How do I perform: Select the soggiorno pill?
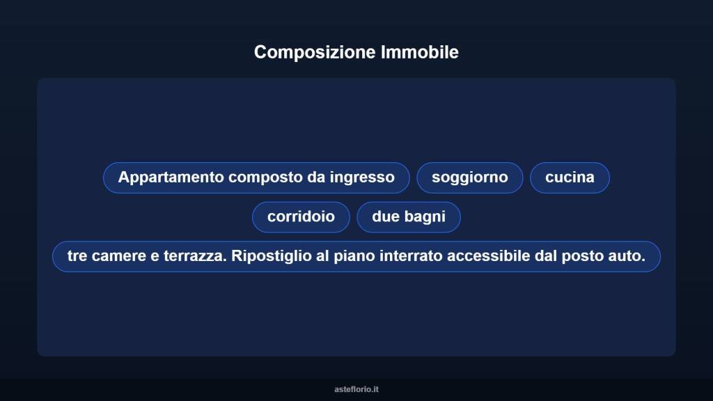(x=469, y=178)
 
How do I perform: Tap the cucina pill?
(x=570, y=178)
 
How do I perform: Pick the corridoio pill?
(x=301, y=217)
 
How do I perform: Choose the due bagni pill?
(x=409, y=217)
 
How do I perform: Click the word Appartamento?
(x=171, y=178)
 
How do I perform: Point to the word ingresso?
(x=362, y=178)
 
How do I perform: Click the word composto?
(x=265, y=178)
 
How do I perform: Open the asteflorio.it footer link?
(x=356, y=389)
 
